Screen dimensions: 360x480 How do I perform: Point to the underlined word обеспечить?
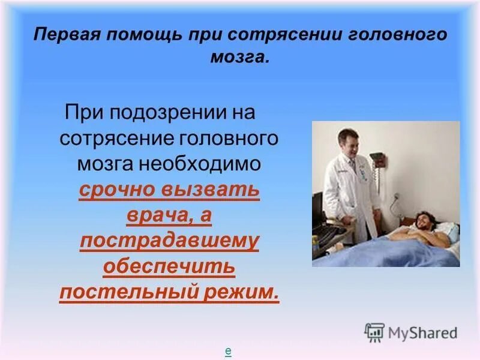point(169,267)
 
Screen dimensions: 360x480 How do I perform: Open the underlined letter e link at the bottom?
point(228,352)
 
